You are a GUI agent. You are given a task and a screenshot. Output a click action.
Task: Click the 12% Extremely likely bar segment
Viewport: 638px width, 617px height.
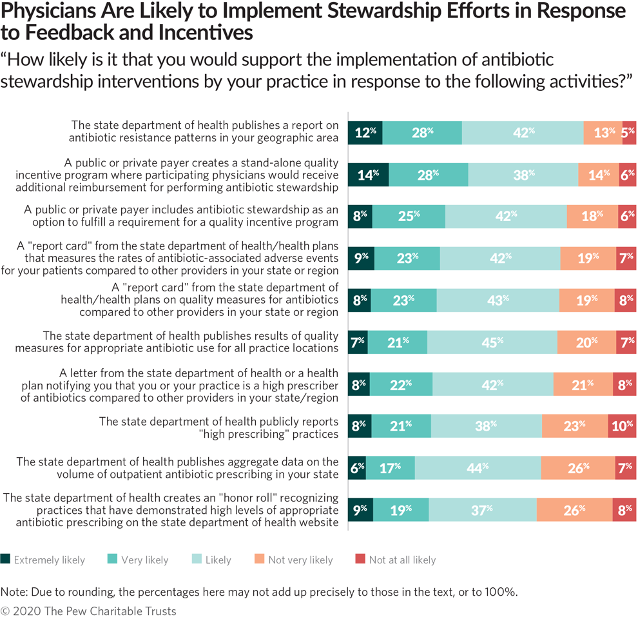tap(365, 132)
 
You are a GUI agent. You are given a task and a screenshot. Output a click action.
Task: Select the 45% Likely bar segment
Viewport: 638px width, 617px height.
tap(492, 342)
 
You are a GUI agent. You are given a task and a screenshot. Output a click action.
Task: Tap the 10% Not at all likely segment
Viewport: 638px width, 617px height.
tap(622, 426)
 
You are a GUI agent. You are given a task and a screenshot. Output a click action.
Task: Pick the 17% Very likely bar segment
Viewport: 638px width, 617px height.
tap(390, 467)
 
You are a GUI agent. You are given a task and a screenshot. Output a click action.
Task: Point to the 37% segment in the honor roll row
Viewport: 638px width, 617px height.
tap(483, 509)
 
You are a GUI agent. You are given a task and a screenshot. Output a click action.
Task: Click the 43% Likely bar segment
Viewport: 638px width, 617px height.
tap(498, 300)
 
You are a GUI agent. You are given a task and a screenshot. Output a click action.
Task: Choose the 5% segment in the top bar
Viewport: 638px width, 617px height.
tap(629, 132)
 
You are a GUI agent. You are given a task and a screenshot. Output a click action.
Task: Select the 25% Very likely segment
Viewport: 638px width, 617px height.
tap(409, 217)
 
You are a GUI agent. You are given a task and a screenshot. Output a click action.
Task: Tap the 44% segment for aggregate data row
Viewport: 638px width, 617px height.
tap(478, 467)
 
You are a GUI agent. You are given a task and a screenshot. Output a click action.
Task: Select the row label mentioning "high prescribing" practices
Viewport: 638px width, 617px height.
tap(218, 427)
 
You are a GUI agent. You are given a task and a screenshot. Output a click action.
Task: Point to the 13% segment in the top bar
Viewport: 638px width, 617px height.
tap(603, 132)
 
